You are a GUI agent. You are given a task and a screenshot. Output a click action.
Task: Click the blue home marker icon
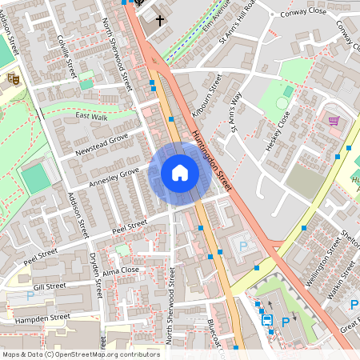179,173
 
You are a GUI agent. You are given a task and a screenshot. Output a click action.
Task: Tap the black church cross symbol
159,19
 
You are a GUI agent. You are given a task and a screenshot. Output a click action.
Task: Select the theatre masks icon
12,78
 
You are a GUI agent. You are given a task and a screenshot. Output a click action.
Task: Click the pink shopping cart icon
334,121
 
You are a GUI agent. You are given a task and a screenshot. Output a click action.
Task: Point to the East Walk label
91,116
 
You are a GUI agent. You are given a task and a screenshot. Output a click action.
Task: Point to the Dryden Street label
95,277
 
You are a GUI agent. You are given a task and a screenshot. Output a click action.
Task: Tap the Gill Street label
50,286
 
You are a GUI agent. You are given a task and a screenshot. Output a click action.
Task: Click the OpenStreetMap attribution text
81,354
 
